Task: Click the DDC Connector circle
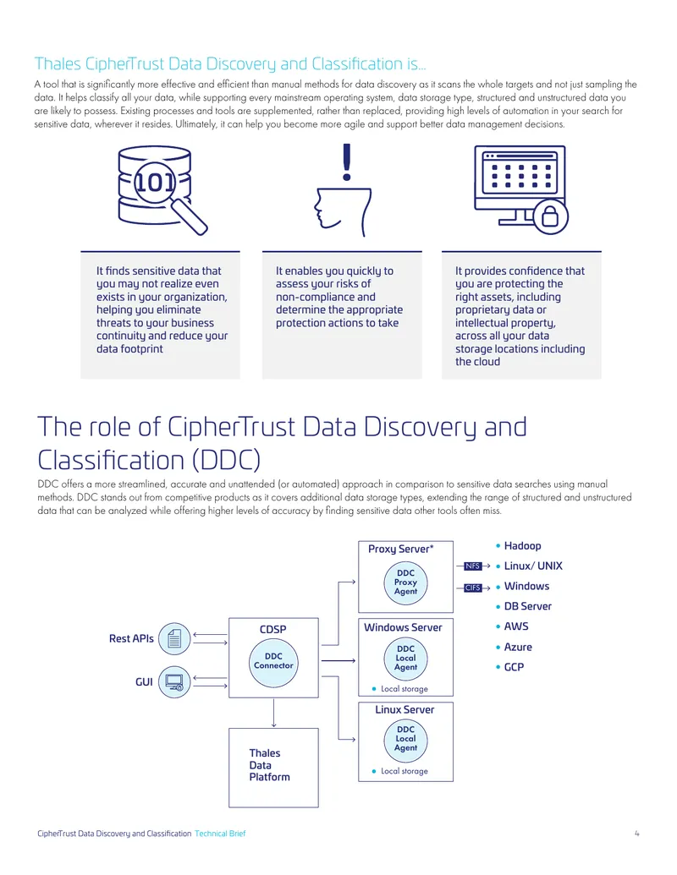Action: (x=273, y=662)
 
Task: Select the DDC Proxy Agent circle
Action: (x=405, y=582)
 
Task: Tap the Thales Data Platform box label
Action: (x=269, y=765)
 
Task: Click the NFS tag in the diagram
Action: (x=472, y=566)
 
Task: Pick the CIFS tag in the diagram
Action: (x=472, y=588)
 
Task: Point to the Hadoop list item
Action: (x=519, y=546)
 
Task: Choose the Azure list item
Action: (x=515, y=647)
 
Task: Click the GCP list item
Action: (x=510, y=667)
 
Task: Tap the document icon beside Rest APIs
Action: (x=174, y=638)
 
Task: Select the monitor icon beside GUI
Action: (x=174, y=682)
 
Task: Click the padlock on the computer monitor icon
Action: (x=550, y=216)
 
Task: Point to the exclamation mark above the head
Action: (x=347, y=161)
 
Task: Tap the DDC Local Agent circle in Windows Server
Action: (x=405, y=658)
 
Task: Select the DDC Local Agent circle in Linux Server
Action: (x=405, y=739)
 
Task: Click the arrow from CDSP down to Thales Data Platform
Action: (x=273, y=713)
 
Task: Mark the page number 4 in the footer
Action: (x=636, y=834)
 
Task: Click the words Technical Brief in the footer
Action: (x=220, y=834)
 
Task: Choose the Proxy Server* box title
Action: (x=400, y=550)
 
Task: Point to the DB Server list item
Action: (x=523, y=606)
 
